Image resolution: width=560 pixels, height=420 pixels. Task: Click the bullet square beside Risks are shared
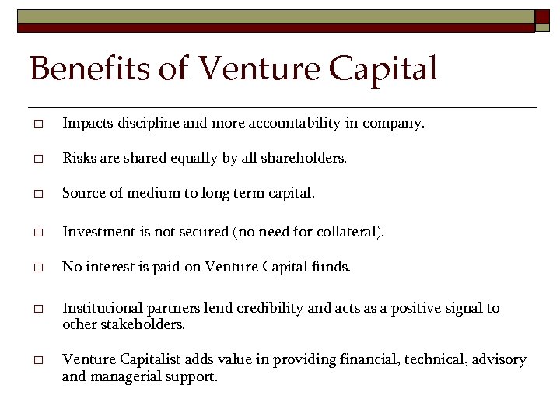click(36, 159)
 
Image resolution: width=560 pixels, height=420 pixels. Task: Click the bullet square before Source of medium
click(36, 195)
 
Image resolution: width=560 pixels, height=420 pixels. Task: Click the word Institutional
click(100, 308)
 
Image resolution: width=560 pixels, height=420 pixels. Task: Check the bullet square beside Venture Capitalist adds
click(36, 361)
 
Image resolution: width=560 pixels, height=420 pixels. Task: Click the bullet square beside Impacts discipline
click(36, 124)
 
